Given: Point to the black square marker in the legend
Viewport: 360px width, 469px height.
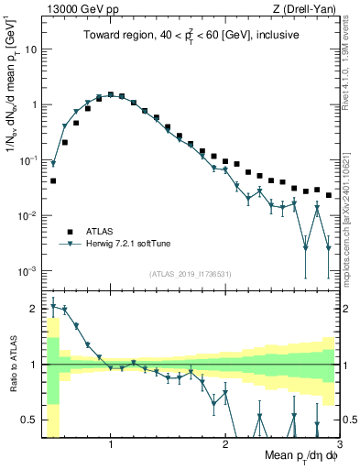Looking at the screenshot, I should click(69, 232).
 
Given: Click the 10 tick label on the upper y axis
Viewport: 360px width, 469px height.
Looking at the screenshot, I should click(30, 49).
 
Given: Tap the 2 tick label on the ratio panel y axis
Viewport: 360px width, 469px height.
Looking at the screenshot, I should click(34, 309).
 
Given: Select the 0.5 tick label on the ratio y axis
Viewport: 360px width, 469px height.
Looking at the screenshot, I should click(30, 420).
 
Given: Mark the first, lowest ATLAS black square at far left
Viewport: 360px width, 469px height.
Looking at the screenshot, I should click(53, 181).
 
